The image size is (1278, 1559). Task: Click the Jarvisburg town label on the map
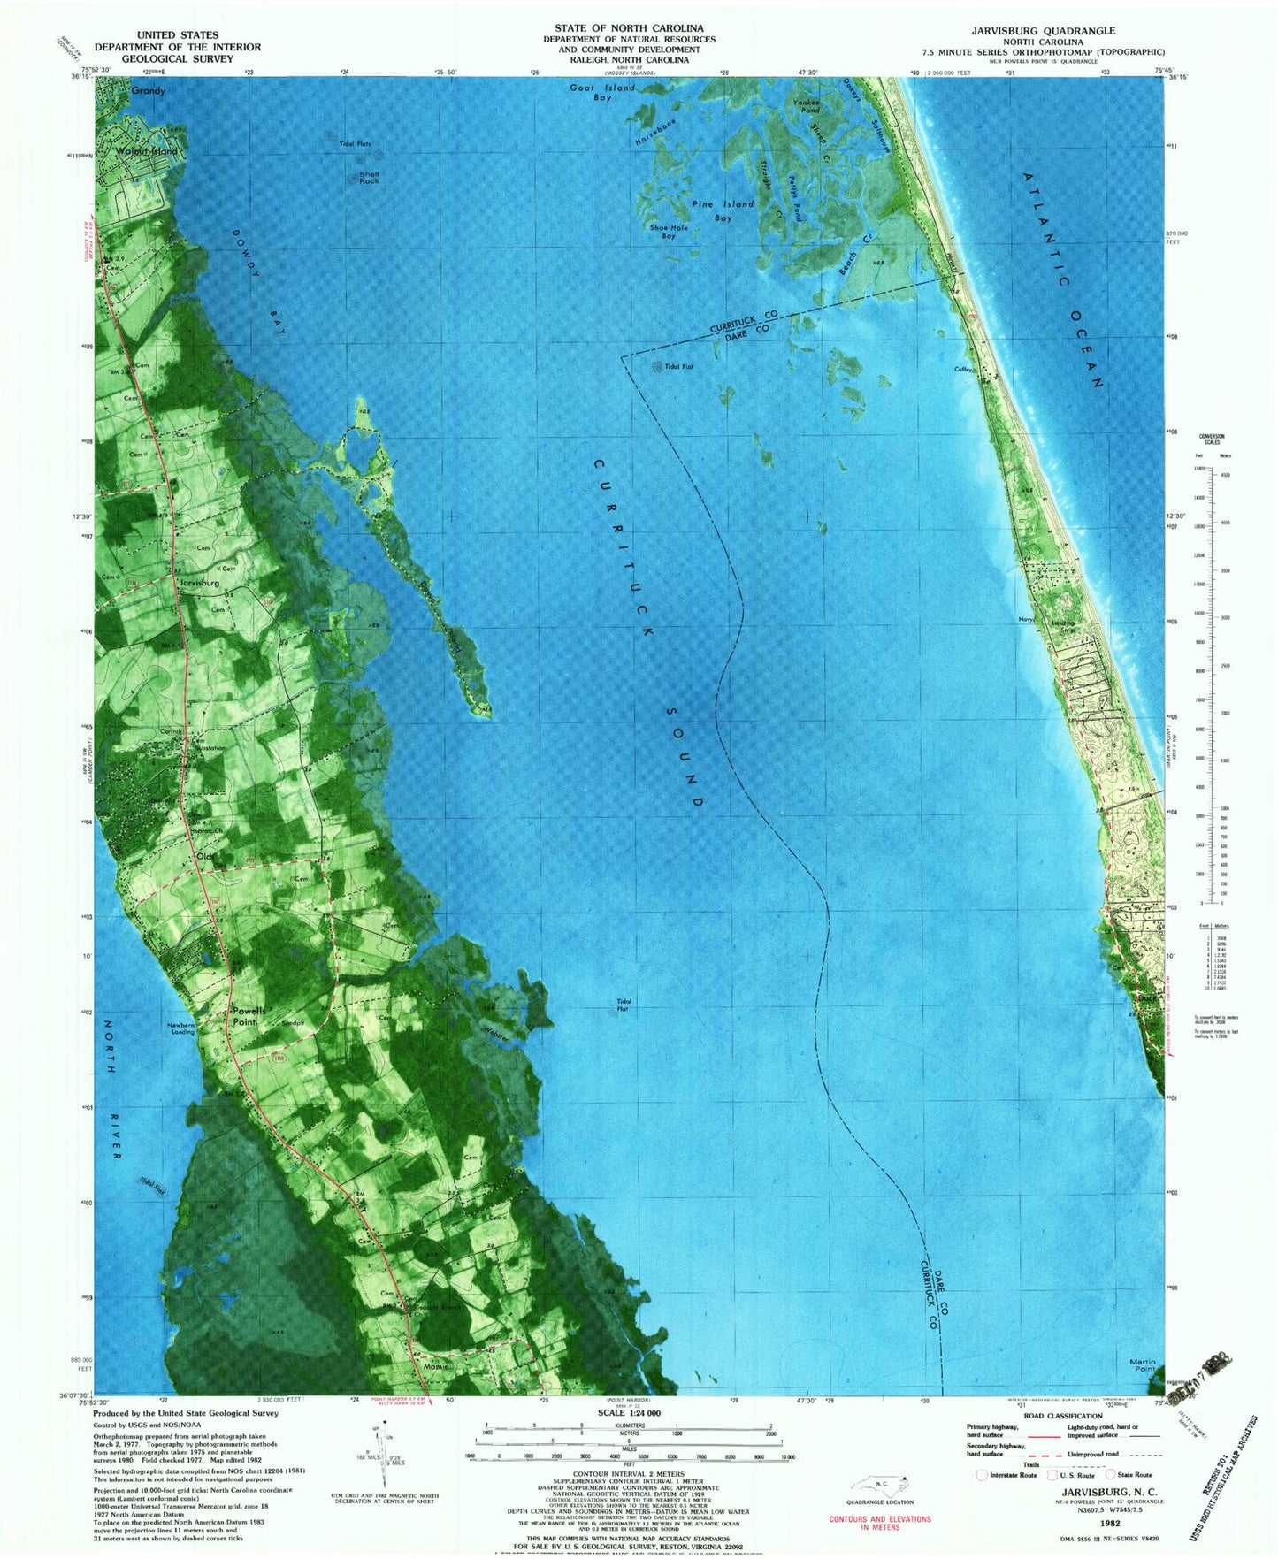pos(199,583)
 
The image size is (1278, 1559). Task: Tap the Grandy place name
pos(148,90)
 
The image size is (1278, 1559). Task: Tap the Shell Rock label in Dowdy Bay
pos(369,178)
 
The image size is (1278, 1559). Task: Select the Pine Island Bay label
pos(723,210)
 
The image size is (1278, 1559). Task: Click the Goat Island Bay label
pos(602,92)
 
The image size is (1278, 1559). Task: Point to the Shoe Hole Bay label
pos(669,232)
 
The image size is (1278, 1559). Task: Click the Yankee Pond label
pos(806,106)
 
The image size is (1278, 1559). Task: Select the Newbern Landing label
pos(183,1028)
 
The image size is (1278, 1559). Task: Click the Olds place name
pos(205,856)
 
